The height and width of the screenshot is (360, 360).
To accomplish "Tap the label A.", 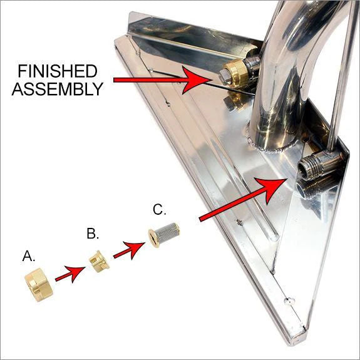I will (x=29, y=256).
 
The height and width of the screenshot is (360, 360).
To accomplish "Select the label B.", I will (x=93, y=234).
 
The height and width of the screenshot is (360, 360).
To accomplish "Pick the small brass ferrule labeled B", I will (x=98, y=260).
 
